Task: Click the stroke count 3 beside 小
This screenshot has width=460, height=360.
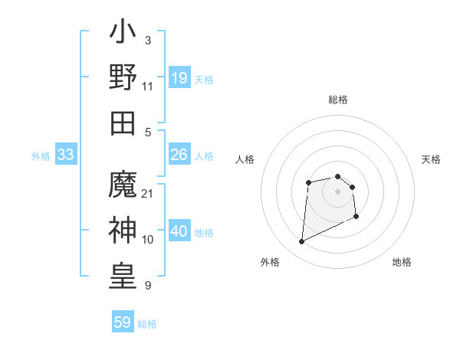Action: (x=148, y=39)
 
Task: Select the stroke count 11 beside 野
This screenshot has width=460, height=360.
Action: (x=148, y=86)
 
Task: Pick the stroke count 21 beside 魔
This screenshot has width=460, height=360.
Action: (x=148, y=193)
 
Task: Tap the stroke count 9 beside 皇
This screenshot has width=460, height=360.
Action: (x=148, y=285)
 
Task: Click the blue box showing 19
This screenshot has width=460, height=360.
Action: (x=179, y=78)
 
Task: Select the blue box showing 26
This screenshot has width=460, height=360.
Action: (x=179, y=155)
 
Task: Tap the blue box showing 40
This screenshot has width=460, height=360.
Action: (x=179, y=231)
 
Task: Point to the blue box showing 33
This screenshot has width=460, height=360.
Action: (x=66, y=155)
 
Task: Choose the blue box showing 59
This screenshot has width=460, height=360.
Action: (x=123, y=322)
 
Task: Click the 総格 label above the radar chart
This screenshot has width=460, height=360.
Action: (x=338, y=100)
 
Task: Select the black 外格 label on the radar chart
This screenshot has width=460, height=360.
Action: (x=270, y=262)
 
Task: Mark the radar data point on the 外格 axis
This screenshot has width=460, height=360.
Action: (x=302, y=242)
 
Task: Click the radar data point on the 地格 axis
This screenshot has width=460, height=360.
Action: (x=356, y=217)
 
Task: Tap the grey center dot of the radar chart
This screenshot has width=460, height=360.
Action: (x=337, y=191)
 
